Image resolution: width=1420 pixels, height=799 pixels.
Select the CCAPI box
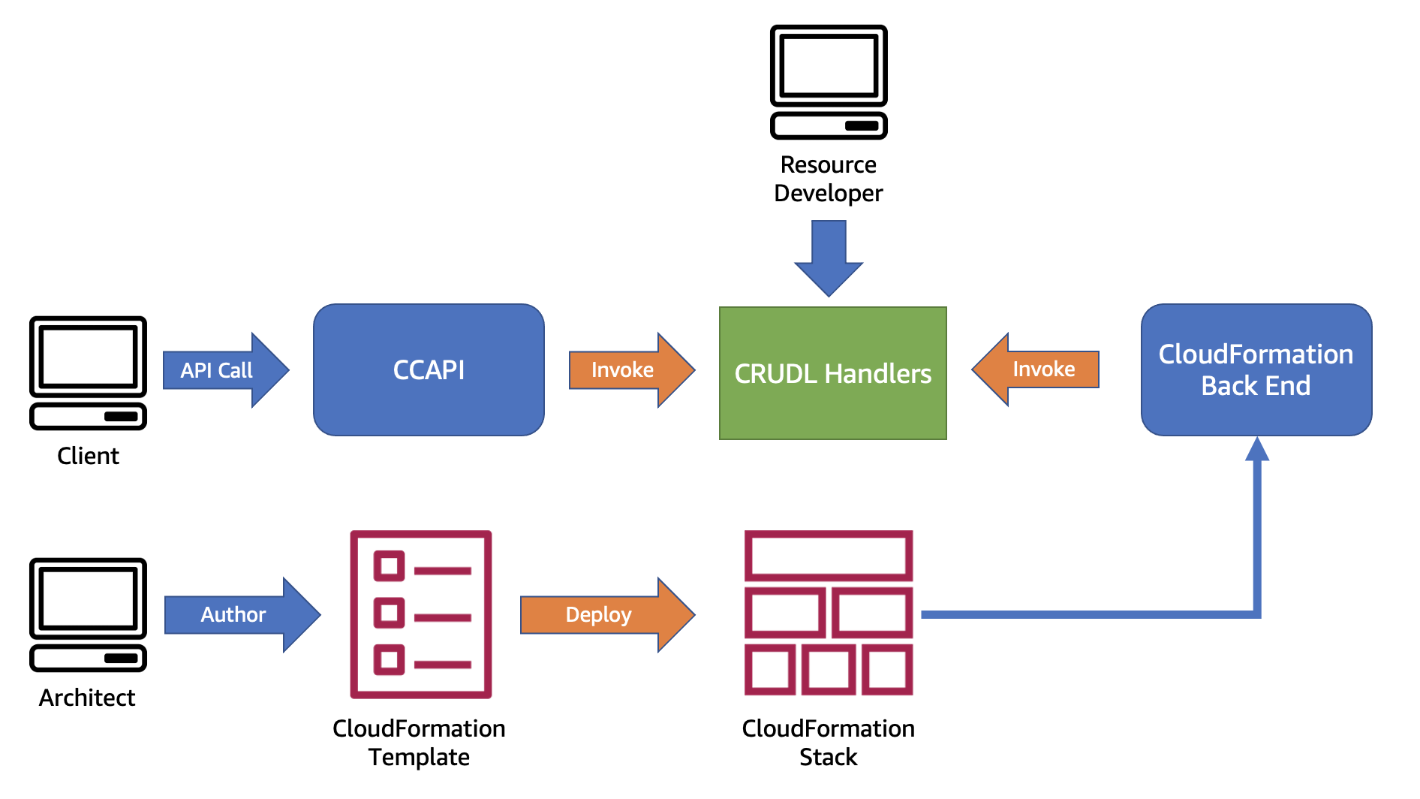tap(429, 369)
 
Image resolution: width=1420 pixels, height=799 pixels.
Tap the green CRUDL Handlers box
tap(832, 373)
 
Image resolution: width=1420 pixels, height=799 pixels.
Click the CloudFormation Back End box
tap(1256, 369)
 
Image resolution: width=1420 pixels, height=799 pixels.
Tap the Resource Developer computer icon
tap(829, 82)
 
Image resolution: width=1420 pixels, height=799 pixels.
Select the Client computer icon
tap(88, 373)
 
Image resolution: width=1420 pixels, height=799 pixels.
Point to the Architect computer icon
tap(88, 614)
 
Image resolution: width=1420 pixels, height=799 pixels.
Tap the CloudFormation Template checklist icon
tap(420, 614)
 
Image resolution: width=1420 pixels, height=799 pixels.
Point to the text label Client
tap(88, 456)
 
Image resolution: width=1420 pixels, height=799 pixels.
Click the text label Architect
tap(87, 698)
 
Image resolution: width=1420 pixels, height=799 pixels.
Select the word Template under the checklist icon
tap(419, 757)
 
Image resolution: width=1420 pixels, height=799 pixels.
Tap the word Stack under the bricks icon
tap(828, 757)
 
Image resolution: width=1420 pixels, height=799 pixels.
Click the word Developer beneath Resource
tap(828, 193)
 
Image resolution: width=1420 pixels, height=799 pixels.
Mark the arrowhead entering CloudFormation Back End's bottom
tap(1256, 450)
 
